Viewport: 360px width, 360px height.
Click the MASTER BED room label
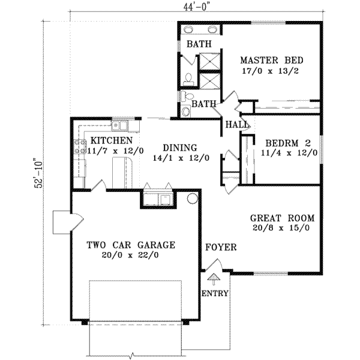click(271, 61)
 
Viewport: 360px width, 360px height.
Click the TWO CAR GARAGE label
click(131, 245)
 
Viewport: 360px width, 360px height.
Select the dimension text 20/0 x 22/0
click(131, 255)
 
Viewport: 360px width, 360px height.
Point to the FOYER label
click(221, 247)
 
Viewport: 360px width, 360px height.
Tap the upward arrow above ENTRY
click(212, 279)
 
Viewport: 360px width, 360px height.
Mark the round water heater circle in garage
click(193, 198)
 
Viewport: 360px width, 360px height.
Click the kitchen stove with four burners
click(79, 147)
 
